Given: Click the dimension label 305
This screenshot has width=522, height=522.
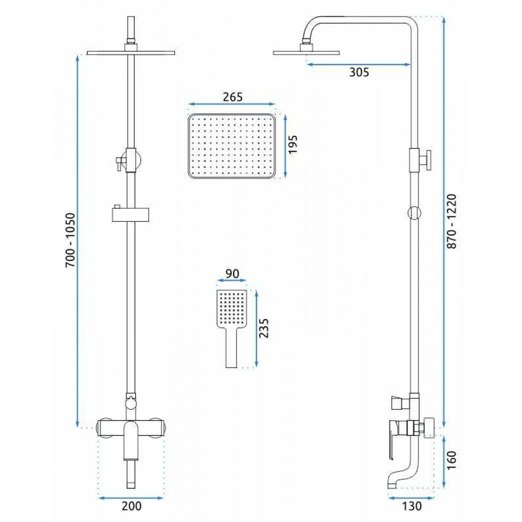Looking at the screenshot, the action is point(359,72).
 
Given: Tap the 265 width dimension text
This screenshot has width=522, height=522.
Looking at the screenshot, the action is point(233,97).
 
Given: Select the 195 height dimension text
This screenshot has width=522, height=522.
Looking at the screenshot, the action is point(293,144).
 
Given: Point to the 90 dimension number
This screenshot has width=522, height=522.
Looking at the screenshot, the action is point(232,274).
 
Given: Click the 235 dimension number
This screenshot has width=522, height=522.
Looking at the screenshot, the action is point(264,328).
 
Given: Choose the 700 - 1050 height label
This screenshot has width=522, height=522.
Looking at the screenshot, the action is point(70,240).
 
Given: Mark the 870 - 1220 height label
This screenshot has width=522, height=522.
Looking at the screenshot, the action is point(452,222).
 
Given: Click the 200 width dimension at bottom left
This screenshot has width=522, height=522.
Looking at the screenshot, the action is point(132,506).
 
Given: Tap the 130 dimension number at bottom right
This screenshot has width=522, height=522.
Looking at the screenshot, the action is point(412,506).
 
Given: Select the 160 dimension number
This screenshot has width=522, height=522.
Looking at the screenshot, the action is point(452,460).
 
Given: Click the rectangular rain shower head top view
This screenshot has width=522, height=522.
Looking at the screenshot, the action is point(232,146).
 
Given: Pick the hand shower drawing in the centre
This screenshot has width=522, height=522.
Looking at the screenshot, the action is point(231,328).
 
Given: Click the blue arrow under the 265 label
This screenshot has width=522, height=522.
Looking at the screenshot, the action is point(232,104).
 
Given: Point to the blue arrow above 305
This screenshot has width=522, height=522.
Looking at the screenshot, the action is point(359,65).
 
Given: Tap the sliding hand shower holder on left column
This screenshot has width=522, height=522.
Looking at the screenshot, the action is point(130,213).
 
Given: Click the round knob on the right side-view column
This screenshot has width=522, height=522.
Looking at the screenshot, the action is point(414,213).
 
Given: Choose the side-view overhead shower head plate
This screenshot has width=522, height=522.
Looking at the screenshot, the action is point(306,52).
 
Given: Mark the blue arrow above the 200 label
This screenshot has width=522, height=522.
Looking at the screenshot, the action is point(131,498).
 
